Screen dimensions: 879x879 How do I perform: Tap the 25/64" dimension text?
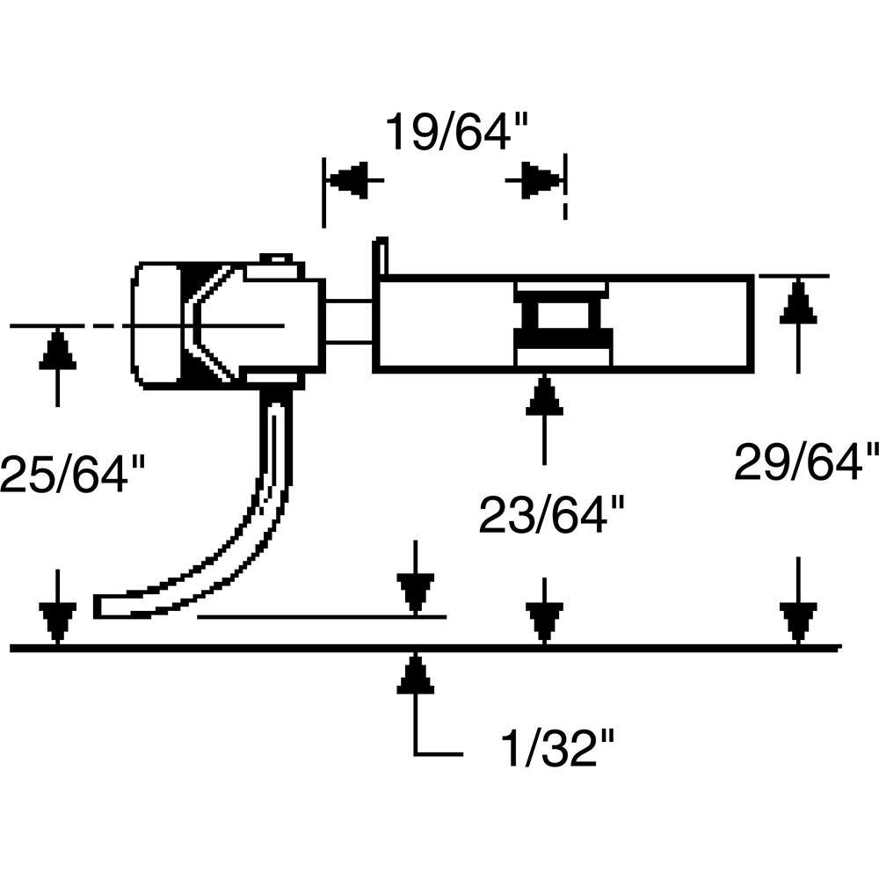[70, 476]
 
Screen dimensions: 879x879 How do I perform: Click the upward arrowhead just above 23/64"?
[545, 396]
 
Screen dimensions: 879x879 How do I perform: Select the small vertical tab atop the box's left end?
[381, 255]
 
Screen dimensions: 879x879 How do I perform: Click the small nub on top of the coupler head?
[276, 258]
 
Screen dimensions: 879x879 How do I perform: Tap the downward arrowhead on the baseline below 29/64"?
[797, 624]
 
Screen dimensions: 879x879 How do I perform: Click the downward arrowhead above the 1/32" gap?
[415, 592]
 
